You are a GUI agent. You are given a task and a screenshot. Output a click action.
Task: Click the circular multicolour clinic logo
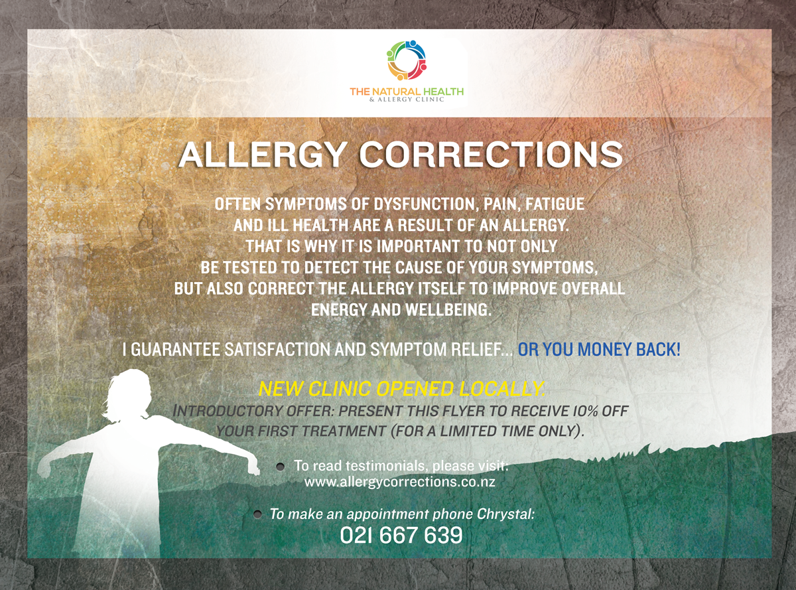click(x=406, y=60)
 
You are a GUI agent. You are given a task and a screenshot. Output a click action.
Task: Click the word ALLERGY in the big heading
click(x=260, y=155)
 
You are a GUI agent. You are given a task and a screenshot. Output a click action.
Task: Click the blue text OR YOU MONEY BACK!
click(x=599, y=350)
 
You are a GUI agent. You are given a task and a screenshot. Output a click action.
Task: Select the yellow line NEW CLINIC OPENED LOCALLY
click(x=401, y=389)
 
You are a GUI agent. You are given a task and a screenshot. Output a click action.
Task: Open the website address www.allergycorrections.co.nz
click(x=399, y=482)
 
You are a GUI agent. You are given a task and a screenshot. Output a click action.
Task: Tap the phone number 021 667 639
click(x=401, y=535)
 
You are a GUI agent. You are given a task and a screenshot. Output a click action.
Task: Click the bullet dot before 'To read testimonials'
click(x=281, y=467)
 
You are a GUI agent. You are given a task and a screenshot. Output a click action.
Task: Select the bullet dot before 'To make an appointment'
click(x=257, y=514)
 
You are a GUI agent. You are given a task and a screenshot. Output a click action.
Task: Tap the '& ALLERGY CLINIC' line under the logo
click(x=406, y=100)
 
